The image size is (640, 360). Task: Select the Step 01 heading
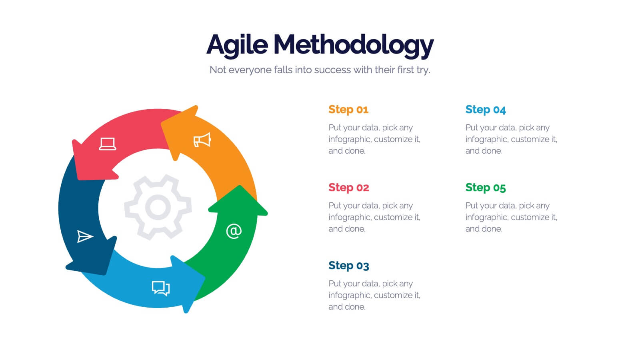point(348,110)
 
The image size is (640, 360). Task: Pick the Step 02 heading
point(348,188)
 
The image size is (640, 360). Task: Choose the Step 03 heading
point(348,266)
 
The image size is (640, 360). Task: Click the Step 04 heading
point(485,110)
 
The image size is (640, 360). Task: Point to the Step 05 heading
point(485,188)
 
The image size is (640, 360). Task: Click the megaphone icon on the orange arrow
point(202,140)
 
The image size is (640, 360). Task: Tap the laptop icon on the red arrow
point(107,144)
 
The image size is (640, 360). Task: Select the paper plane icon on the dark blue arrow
point(85,236)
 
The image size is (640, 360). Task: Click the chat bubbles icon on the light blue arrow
point(161,288)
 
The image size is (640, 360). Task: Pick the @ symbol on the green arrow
point(234,231)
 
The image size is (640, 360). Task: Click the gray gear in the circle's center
point(158,207)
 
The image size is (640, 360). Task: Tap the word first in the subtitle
point(405,70)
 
